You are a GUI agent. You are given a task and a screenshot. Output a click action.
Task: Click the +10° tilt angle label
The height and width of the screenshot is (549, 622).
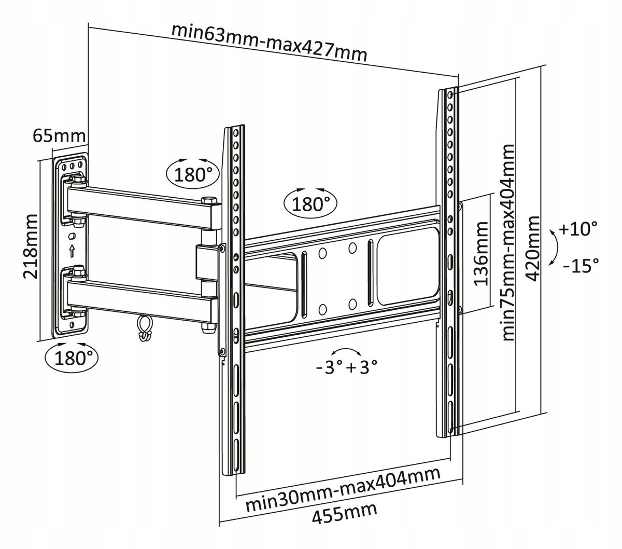(x=578, y=228)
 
